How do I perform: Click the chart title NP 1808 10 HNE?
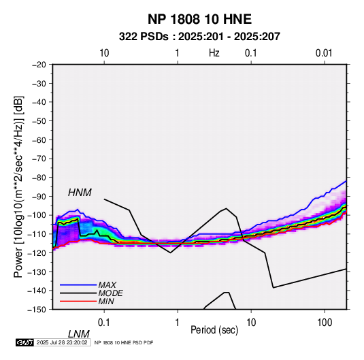(x=199, y=19)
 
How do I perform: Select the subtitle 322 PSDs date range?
(x=199, y=37)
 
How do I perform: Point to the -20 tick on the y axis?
(x=39, y=65)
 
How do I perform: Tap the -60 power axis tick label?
(x=39, y=140)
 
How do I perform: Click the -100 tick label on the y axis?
(x=37, y=215)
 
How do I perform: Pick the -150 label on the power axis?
(x=37, y=310)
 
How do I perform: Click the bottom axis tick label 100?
(x=325, y=323)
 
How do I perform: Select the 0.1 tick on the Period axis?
(x=103, y=323)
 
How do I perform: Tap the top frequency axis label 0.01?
(x=324, y=53)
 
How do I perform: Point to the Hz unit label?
(x=214, y=53)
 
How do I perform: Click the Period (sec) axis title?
(x=214, y=330)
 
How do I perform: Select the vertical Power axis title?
(x=18, y=186)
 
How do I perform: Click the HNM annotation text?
(x=80, y=193)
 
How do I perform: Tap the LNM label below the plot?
(x=78, y=334)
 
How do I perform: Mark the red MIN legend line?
(x=78, y=301)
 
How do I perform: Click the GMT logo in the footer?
(x=24, y=342)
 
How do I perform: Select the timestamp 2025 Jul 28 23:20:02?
(x=62, y=342)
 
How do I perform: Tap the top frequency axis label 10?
(x=104, y=53)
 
